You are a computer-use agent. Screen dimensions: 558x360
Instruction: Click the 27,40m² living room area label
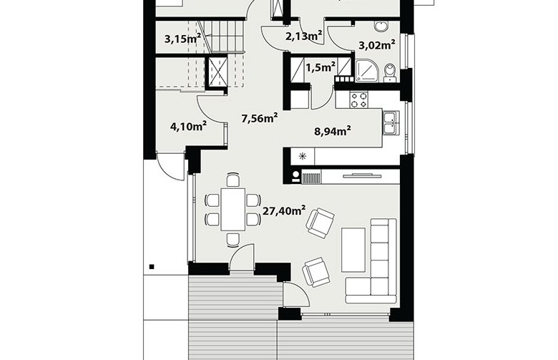tap(283, 211)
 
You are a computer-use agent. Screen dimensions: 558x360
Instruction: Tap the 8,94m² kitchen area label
tap(333, 131)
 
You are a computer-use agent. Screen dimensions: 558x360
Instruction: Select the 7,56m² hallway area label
tap(260, 118)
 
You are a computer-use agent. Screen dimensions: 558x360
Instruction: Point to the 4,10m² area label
tap(189, 126)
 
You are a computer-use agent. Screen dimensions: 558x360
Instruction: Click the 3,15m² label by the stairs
tap(182, 38)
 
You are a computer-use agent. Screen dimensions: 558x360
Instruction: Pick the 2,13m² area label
tap(304, 36)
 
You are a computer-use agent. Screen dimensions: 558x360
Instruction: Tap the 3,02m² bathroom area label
tap(377, 45)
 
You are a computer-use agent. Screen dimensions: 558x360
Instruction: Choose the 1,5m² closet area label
tap(320, 67)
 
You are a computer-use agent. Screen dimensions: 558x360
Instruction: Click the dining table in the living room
tap(232, 210)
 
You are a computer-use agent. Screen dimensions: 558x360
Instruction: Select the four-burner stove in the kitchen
tap(358, 99)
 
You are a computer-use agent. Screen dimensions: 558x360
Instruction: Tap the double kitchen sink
tap(391, 123)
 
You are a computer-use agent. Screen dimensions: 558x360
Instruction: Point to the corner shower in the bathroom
tap(367, 71)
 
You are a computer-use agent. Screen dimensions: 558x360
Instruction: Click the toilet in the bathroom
tap(391, 72)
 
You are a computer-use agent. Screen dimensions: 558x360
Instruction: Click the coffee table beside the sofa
tap(353, 250)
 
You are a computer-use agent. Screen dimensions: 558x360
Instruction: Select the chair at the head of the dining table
tap(232, 180)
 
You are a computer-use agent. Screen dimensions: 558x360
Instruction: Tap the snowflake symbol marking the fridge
tap(302, 155)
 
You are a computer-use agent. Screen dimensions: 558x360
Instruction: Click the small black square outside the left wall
tap(152, 266)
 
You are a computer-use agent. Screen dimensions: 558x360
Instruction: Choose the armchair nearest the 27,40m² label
tap(320, 223)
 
